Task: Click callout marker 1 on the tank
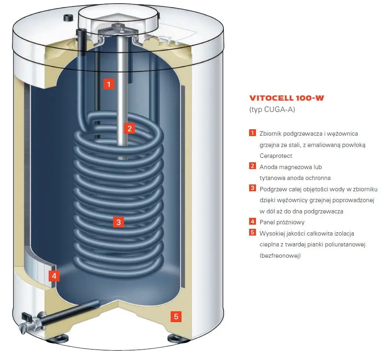109,84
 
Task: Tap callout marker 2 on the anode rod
129,128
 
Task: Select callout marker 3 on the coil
118,221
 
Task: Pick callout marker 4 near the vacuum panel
54,276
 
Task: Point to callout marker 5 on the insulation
175,317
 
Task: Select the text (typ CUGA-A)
272,109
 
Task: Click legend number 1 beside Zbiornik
253,133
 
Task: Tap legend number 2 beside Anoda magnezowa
253,166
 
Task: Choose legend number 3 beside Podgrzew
253,188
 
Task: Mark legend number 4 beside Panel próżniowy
253,221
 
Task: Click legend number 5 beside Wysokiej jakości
253,233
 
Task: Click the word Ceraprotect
276,155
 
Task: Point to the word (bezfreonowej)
280,255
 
